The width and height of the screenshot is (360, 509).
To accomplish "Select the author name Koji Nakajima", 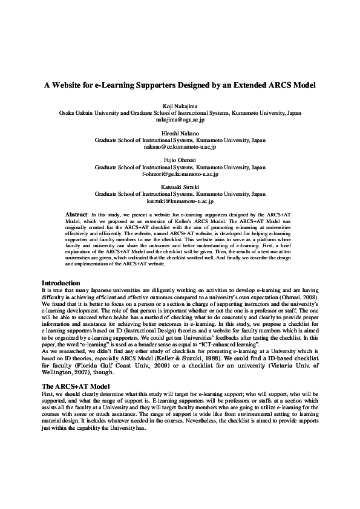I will (x=180, y=106).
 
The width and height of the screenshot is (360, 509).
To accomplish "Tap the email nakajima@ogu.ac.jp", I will (x=180, y=120).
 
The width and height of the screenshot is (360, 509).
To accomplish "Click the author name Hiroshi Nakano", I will (x=180, y=133).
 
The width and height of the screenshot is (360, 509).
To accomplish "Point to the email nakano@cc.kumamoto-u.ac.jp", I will (x=180, y=146).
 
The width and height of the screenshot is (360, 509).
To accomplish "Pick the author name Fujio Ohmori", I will (x=180, y=160).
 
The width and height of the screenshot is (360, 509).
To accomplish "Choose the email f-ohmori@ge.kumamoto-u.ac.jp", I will (x=180, y=173).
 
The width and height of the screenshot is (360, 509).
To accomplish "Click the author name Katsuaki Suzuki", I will (x=180, y=187).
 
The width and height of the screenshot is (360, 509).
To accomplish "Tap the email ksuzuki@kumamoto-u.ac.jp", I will (x=180, y=201).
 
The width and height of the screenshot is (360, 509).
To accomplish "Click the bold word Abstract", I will (x=76, y=215).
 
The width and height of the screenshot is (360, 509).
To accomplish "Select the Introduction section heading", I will (x=61, y=283).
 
